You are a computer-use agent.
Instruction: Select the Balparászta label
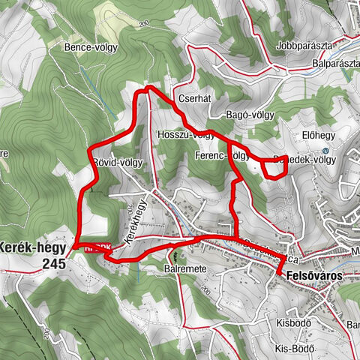[330, 64]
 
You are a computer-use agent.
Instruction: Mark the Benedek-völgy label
[304, 160]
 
